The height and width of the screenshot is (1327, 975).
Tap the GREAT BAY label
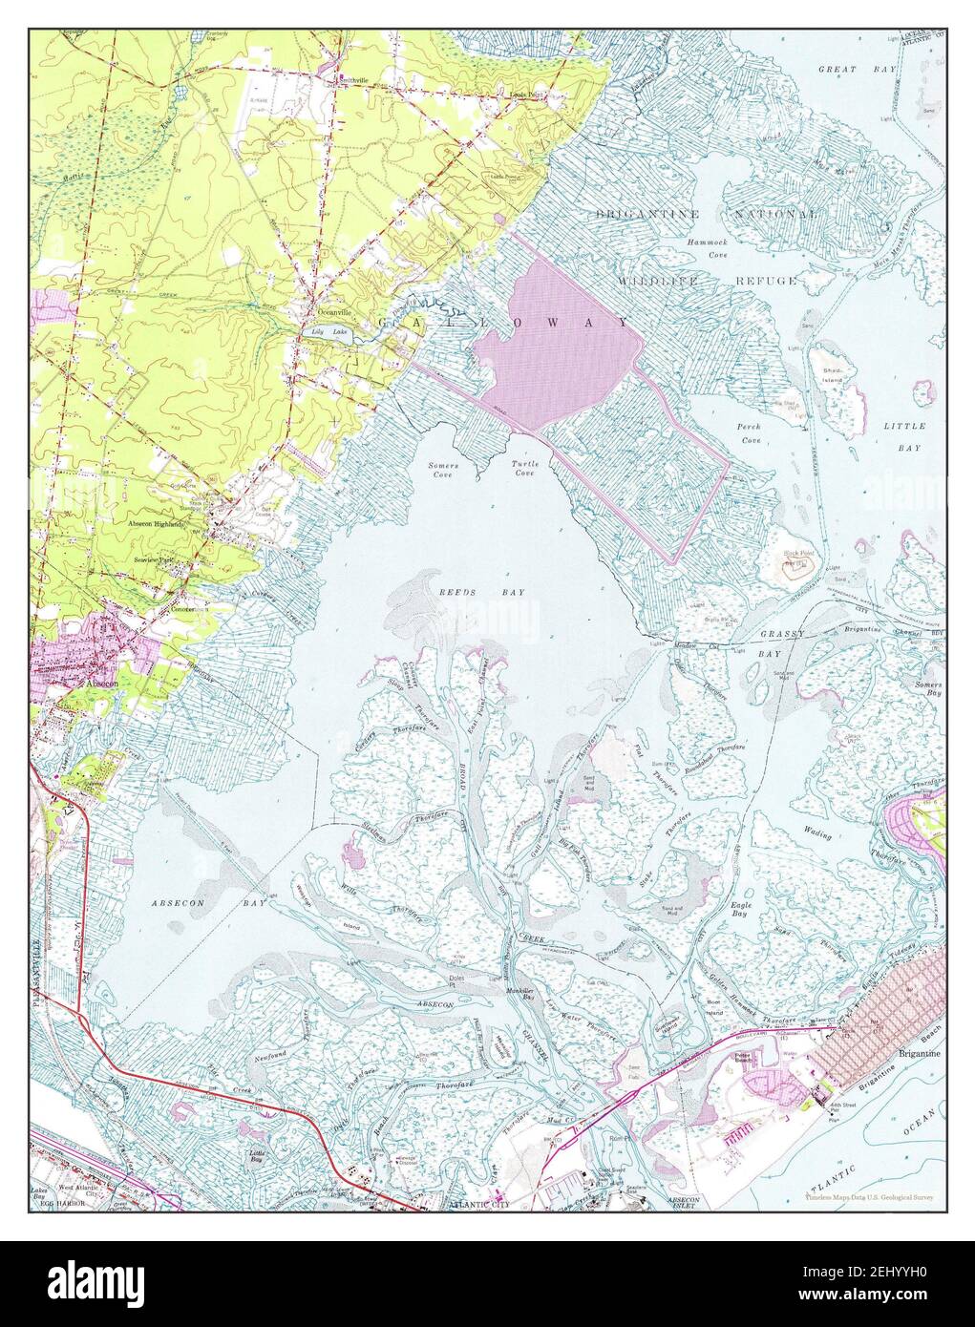click(852, 70)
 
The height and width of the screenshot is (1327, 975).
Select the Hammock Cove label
click(706, 249)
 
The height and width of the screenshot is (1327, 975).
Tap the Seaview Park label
click(157, 559)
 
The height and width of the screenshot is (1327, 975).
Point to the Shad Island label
click(829, 375)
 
